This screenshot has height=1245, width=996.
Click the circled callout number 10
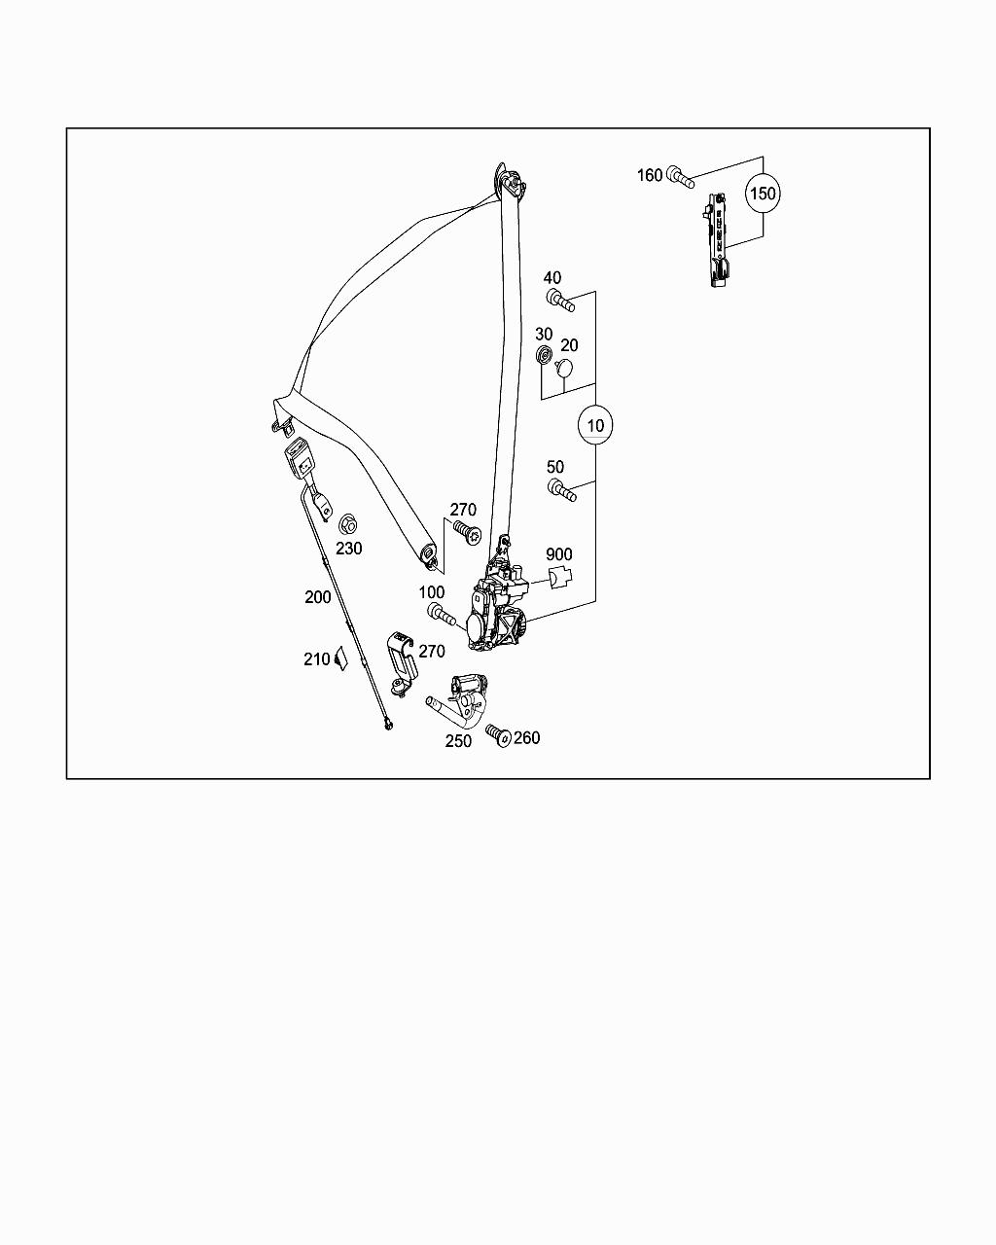click(x=595, y=425)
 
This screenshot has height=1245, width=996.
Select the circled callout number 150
click(x=763, y=194)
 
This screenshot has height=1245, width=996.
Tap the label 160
click(x=650, y=175)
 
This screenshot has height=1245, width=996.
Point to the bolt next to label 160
click(x=681, y=177)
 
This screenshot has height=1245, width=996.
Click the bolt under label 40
click(x=560, y=301)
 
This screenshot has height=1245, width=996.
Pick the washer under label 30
click(x=545, y=354)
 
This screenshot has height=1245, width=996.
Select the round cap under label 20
click(x=563, y=368)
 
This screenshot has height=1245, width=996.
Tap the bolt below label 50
click(x=561, y=490)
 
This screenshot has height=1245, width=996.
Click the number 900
click(x=558, y=554)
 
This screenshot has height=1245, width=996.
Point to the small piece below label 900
click(x=559, y=578)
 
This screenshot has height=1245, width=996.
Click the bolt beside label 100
click(x=441, y=614)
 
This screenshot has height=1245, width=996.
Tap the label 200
click(x=318, y=597)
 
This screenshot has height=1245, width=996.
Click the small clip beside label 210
click(x=340, y=658)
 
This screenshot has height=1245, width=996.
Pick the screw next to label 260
click(x=498, y=735)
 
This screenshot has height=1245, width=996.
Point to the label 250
click(x=458, y=741)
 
